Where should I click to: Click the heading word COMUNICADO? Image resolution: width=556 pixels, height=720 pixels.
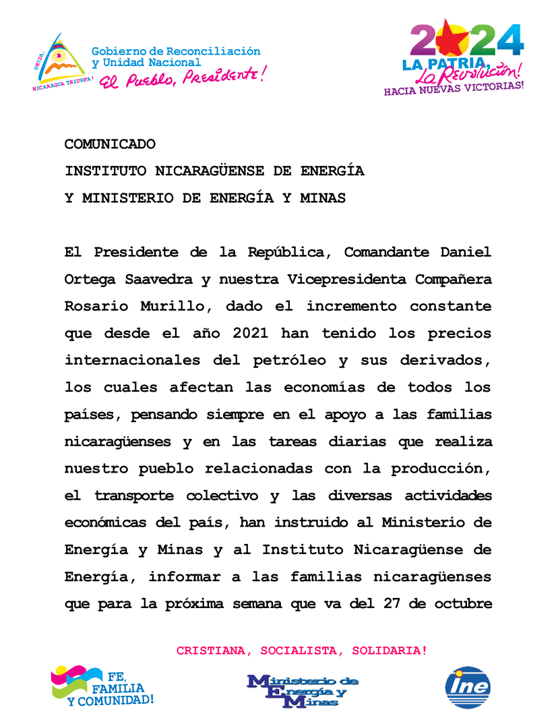click(110, 144)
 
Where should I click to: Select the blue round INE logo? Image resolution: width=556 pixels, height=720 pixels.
click(468, 687)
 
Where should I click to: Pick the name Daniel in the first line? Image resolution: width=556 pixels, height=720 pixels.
click(462, 252)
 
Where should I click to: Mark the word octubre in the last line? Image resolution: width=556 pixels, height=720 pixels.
click(461, 603)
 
